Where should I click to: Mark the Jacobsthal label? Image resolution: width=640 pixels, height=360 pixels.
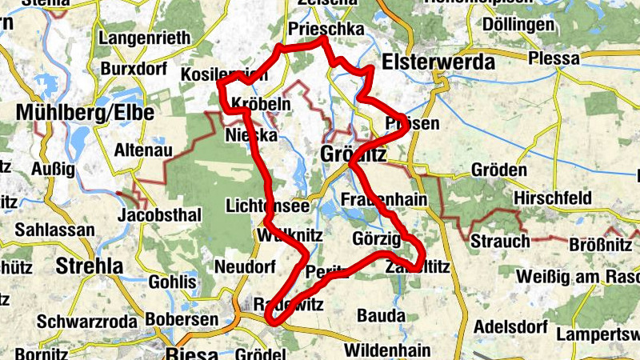pos(158,216)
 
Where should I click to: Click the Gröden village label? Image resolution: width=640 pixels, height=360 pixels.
pos(498,171)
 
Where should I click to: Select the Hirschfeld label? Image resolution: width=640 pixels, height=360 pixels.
pos(553,198)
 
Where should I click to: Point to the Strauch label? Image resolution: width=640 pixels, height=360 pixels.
pos(499,242)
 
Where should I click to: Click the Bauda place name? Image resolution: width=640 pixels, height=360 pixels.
pos(381,315)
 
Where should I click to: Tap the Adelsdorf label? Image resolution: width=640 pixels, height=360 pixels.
pos(510,327)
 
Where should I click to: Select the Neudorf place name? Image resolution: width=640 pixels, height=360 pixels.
pos(245,266)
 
